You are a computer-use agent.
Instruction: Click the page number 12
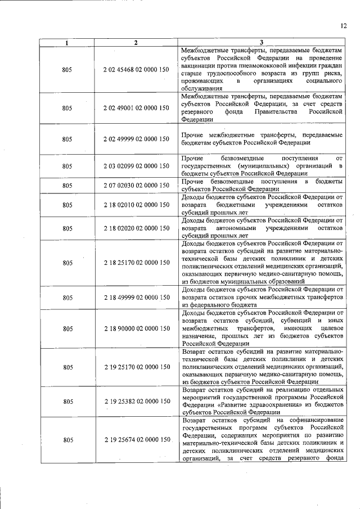344,25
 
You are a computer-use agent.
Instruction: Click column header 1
67,43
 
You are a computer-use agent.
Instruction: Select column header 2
136,43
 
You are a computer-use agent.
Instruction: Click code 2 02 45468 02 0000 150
136,70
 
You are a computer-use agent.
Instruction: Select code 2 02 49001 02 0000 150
136,107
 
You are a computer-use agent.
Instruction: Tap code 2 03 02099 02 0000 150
136,166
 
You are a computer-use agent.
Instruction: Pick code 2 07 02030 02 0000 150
136,185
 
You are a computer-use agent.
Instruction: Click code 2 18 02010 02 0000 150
136,205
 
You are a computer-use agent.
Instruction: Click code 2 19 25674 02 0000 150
136,439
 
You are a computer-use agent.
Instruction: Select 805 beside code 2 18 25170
67,263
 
